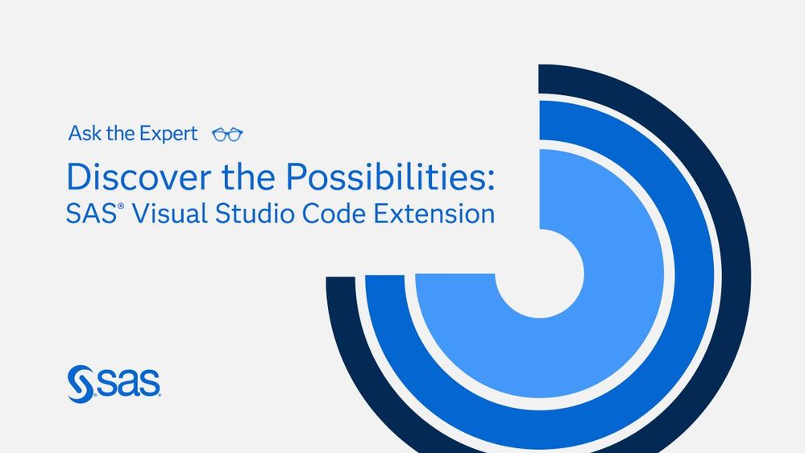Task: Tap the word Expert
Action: [x=169, y=135]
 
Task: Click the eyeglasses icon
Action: [x=227, y=135]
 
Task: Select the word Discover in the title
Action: [x=139, y=177]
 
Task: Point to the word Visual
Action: [x=170, y=213]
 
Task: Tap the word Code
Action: [x=334, y=213]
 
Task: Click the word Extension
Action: [x=434, y=213]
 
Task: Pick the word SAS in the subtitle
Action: [x=91, y=214]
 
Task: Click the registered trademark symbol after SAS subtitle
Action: [x=121, y=206]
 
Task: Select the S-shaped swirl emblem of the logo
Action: [x=81, y=384]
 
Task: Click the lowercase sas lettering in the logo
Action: [x=128, y=383]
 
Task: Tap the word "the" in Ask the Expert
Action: [x=121, y=134]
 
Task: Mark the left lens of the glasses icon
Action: [x=220, y=135]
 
